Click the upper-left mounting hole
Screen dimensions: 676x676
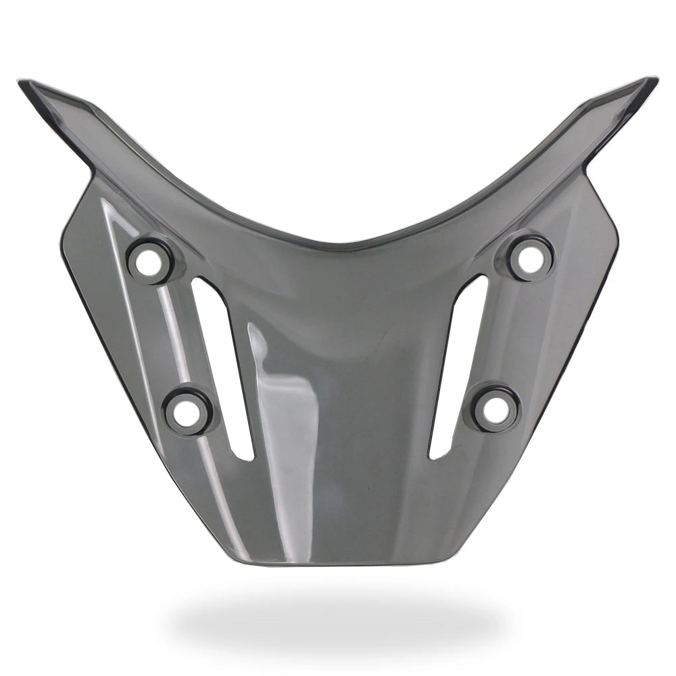147,261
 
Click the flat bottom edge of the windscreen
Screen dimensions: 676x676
338,563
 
